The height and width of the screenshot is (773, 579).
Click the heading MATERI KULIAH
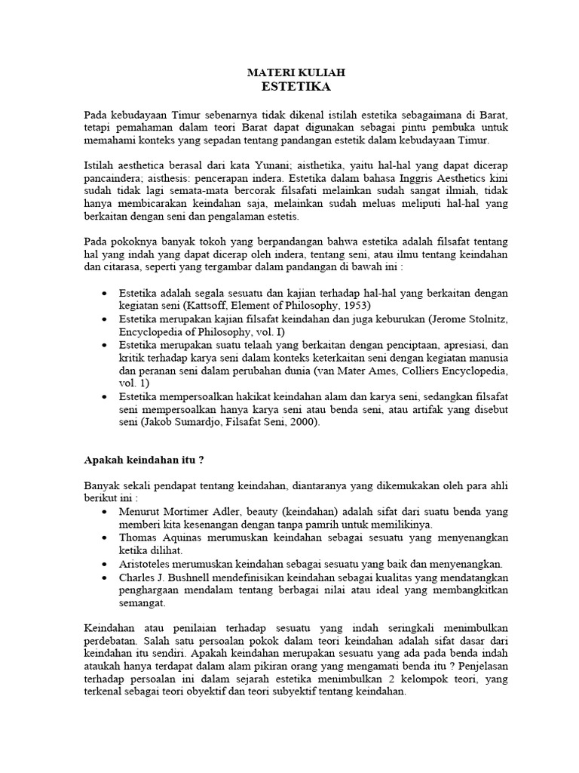tap(296, 72)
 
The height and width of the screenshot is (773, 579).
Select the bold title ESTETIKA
tap(296, 86)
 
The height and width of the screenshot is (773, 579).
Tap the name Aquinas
tap(181, 537)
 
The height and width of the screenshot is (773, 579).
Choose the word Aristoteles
tap(149, 563)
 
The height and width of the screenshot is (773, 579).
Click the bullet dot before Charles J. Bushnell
tap(103, 577)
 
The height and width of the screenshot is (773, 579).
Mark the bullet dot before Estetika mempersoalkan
tap(103, 395)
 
